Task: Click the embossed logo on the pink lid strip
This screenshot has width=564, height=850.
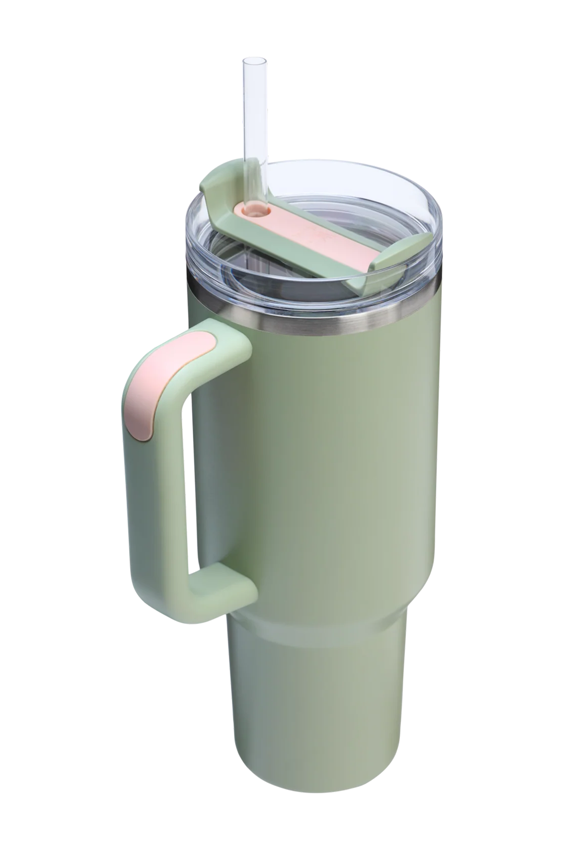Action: point(313,230)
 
